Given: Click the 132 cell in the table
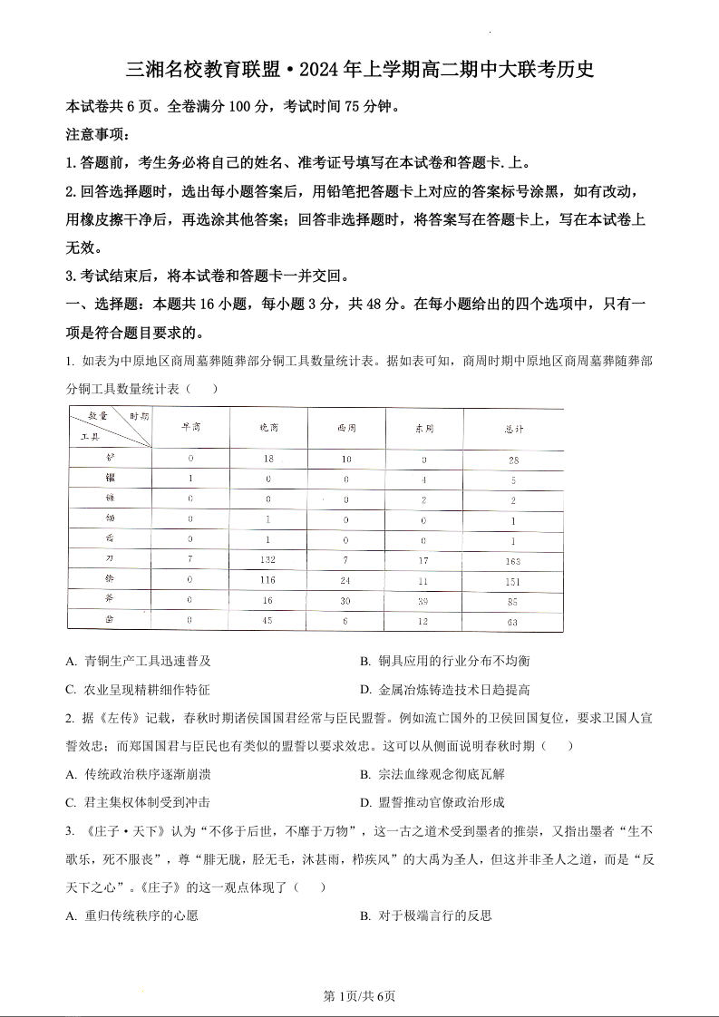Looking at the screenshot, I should (267, 560).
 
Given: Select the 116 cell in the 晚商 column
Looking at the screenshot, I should (267, 580).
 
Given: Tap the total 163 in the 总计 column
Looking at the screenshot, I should (513, 561).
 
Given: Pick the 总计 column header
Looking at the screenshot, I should (513, 427).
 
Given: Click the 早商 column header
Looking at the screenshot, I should (190, 427).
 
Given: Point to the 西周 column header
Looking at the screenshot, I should (346, 427).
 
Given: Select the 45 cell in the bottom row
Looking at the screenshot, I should (267, 621).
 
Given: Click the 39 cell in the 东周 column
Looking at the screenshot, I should (423, 601).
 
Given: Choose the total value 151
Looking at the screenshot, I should (513, 581).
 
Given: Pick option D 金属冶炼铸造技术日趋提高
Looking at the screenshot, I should (445, 690).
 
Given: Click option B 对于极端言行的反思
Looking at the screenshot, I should (425, 915).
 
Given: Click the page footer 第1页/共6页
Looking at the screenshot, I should (359, 996).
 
